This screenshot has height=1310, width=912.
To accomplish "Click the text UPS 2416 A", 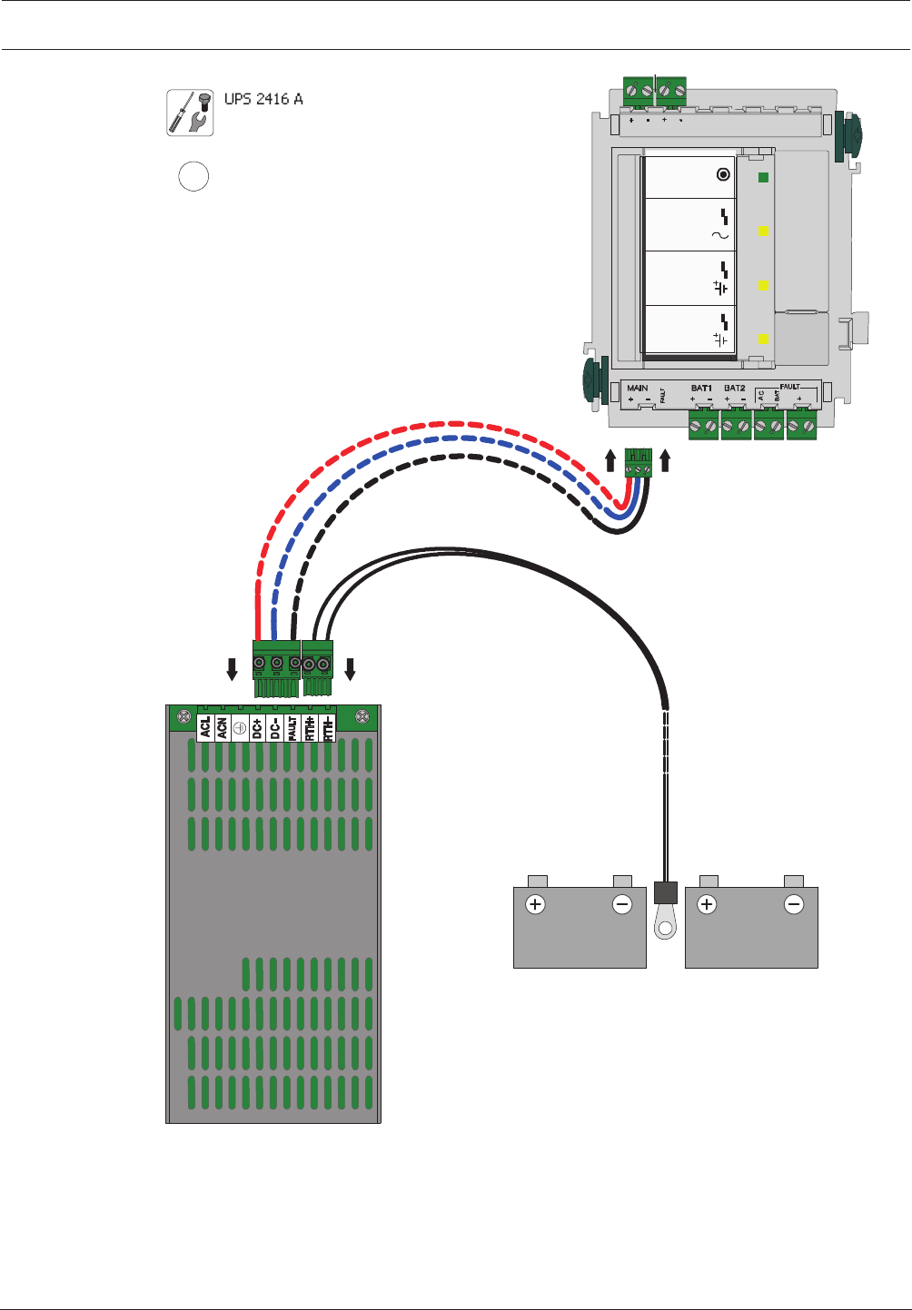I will pos(263,99).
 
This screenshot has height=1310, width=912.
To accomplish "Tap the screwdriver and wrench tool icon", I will pos(190,113).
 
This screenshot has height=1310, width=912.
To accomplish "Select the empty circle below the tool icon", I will pos(193,176).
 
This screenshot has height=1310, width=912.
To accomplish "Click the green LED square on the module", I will pos(763,178).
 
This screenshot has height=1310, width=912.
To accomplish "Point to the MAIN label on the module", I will pos(638,389).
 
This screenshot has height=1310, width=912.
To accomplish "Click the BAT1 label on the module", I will pos(701,389).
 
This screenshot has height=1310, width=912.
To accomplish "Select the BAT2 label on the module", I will pos(734,389).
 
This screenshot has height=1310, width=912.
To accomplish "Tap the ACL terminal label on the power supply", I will pos(205,727).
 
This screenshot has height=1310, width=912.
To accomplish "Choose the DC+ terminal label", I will pos(257,727).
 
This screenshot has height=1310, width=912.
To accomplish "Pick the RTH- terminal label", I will pos(328,727).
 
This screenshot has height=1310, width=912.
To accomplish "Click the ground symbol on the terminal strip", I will pos(240,727).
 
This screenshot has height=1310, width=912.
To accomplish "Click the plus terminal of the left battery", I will pos(536,904).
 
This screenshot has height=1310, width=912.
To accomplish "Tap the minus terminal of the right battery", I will pos(794,904).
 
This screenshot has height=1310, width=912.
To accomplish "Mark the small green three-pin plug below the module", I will pos(639,463).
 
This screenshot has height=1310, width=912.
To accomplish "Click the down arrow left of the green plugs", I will pos(232,670).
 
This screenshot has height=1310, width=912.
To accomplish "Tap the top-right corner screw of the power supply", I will pos(362,716).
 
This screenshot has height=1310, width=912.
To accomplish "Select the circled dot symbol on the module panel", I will pos(723,174).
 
